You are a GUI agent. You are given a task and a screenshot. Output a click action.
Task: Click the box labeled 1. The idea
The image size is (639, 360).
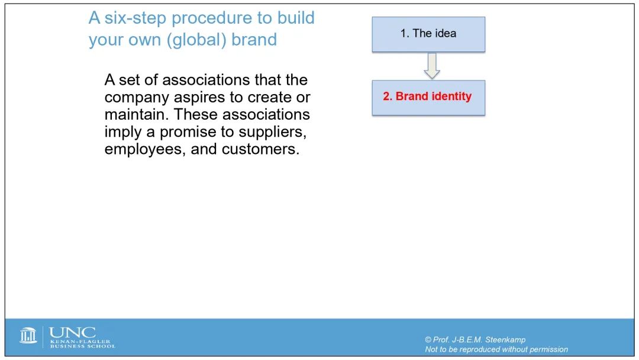428,34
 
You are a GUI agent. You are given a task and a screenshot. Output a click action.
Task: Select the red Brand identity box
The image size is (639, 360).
428,98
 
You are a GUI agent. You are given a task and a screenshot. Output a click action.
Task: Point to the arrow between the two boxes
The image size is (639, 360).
431,66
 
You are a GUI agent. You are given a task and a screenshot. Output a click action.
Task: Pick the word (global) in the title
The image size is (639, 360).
196,40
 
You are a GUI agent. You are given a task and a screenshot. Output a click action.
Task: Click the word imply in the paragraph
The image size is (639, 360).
123,132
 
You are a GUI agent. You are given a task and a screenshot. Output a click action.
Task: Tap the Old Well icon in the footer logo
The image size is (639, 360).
28,335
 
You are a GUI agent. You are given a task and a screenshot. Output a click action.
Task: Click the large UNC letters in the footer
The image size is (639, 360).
73,333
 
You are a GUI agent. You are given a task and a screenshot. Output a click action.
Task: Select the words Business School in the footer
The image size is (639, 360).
83,346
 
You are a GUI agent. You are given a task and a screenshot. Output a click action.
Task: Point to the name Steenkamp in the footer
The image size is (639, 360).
505,340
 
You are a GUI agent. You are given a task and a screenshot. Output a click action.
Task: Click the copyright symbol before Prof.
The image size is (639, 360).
428,340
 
